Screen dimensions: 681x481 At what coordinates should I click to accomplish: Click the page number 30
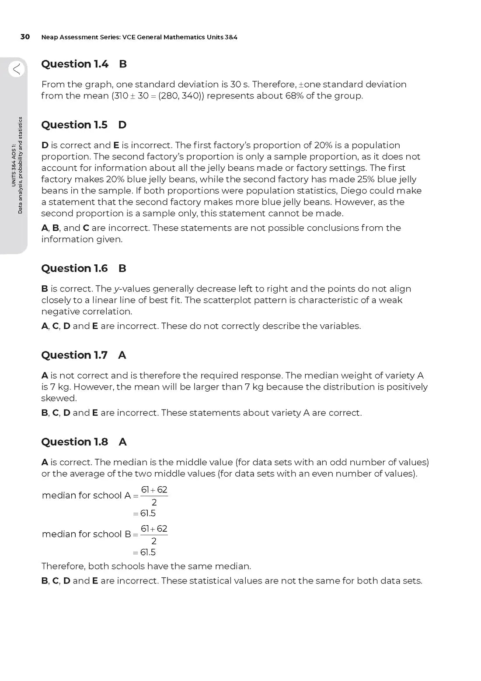point(25,37)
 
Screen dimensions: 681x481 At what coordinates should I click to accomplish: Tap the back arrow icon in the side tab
point(17,69)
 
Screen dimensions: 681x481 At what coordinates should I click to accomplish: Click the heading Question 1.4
point(75,64)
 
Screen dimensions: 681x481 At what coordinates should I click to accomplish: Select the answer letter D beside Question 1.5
point(122,125)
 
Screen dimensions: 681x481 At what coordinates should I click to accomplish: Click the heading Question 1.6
point(74,268)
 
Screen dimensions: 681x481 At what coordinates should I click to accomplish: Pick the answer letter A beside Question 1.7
point(122,355)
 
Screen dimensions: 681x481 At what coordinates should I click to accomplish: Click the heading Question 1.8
point(74,442)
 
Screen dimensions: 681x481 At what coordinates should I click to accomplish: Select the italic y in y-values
point(116,289)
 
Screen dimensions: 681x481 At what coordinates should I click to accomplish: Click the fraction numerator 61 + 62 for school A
point(154,490)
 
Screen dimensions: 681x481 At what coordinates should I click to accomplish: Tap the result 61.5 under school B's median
point(148,552)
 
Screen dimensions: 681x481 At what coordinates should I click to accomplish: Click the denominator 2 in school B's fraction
point(154,541)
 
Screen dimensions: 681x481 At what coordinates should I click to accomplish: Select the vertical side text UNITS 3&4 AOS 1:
point(14,165)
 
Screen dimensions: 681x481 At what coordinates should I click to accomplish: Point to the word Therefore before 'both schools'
point(63,566)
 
